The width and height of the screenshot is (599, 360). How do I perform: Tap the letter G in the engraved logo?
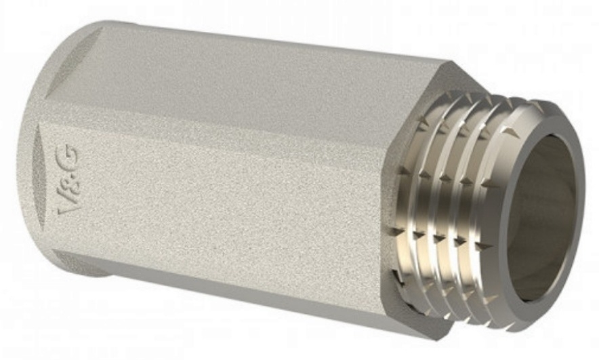(x=70, y=156)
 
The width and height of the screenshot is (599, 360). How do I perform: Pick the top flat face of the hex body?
(x=245, y=84)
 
